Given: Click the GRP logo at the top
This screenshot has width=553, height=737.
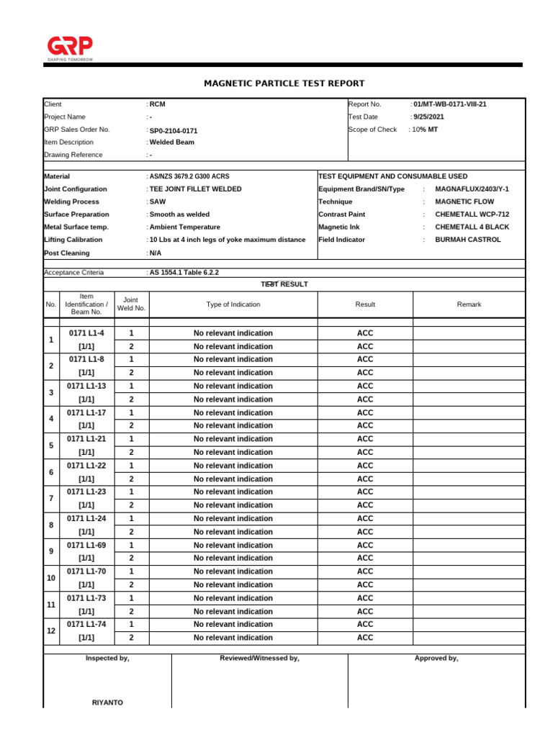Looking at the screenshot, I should pyautogui.click(x=69, y=48).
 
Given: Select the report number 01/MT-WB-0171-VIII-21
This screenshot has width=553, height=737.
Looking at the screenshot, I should pyautogui.click(x=450, y=104).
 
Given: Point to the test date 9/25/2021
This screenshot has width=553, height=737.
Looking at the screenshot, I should pyautogui.click(x=429, y=117).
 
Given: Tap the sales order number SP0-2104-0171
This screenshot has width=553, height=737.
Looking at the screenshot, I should pyautogui.click(x=173, y=131).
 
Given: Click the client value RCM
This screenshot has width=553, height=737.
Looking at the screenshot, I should pyautogui.click(x=157, y=104).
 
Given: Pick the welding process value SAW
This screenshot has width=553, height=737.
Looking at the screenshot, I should pyautogui.click(x=157, y=202).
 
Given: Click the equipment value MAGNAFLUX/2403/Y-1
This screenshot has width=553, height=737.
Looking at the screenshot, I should pyautogui.click(x=472, y=189).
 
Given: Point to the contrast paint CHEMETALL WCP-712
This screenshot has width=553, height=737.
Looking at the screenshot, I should pyautogui.click(x=472, y=214).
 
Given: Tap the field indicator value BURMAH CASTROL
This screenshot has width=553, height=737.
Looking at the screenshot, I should pyautogui.click(x=468, y=240).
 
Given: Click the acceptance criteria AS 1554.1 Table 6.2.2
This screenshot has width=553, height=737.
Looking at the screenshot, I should pyautogui.click(x=183, y=273).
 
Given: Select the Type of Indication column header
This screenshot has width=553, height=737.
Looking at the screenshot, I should pyautogui.click(x=233, y=304).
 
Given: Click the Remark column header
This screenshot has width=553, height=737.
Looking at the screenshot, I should pyautogui.click(x=469, y=304).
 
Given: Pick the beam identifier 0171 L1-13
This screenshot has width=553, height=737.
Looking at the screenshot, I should pyautogui.click(x=86, y=386).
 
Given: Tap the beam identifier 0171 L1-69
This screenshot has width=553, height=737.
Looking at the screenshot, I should pyautogui.click(x=86, y=545).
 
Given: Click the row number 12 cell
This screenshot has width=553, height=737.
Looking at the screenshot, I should pyautogui.click(x=51, y=631).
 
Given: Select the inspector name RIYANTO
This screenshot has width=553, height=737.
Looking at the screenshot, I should pyautogui.click(x=107, y=702).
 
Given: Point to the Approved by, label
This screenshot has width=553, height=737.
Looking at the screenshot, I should pyautogui.click(x=436, y=658).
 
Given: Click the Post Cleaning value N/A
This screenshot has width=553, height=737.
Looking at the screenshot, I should pyautogui.click(x=156, y=253).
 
